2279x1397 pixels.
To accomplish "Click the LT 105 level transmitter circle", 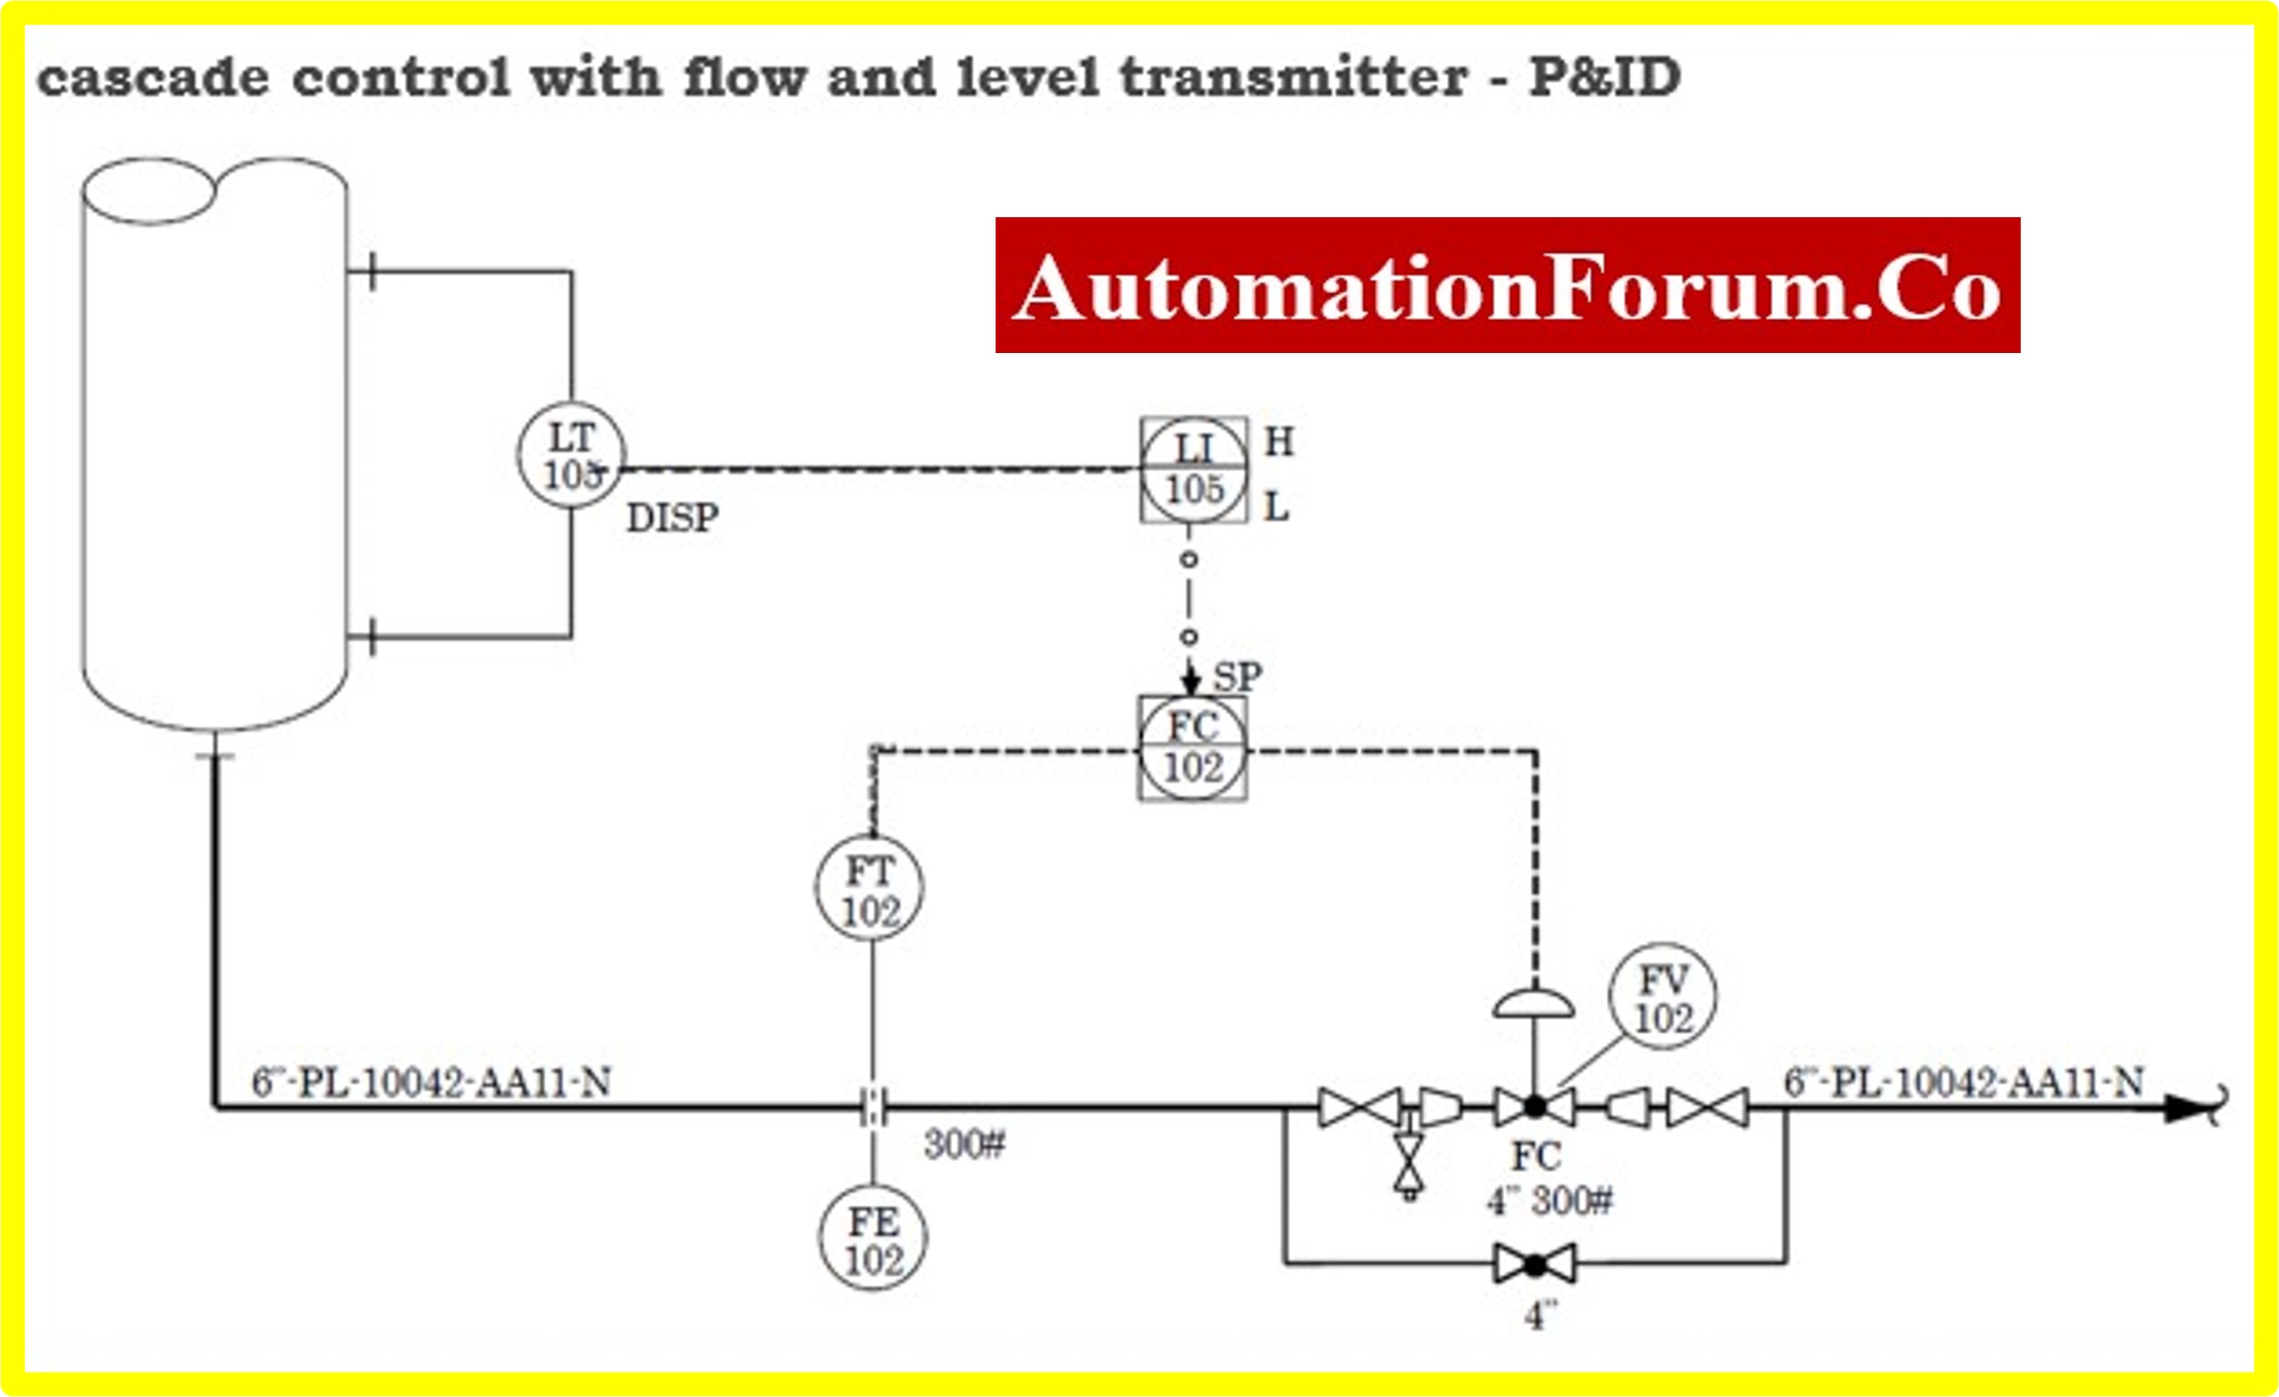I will (572, 455).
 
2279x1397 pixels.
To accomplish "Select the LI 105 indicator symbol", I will (1193, 470).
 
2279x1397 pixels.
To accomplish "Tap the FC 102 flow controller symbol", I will (1193, 747).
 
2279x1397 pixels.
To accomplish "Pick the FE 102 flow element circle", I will (872, 1239).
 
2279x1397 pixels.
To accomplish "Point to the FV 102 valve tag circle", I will (1662, 997).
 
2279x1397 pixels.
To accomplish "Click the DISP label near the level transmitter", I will (672, 518).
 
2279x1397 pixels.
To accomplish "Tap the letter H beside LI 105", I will (1279, 442).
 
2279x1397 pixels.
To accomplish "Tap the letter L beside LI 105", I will (1276, 507).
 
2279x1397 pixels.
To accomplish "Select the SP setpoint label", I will (1237, 677).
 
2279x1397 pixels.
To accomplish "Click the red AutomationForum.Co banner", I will (1507, 285).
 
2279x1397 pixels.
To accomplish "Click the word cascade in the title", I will (153, 78).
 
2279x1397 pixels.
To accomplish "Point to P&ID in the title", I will (1605, 78).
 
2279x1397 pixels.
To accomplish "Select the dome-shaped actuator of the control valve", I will (1534, 1004).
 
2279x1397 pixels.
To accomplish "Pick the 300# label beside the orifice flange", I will (963, 1145).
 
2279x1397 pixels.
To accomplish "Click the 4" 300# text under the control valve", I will (1550, 1202).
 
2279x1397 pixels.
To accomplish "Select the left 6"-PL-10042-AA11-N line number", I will (431, 1082).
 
